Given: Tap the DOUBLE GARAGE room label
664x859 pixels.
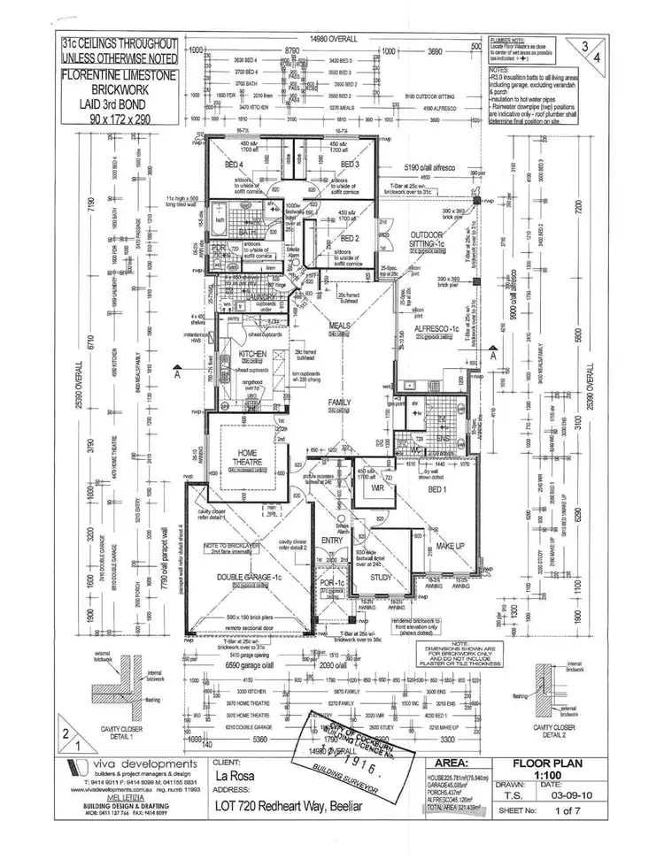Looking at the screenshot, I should point(228,576).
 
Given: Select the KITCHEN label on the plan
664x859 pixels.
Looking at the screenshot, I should point(228,354).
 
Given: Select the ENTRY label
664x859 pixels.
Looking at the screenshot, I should point(332,540).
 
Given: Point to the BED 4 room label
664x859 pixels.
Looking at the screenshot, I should point(234,165).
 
